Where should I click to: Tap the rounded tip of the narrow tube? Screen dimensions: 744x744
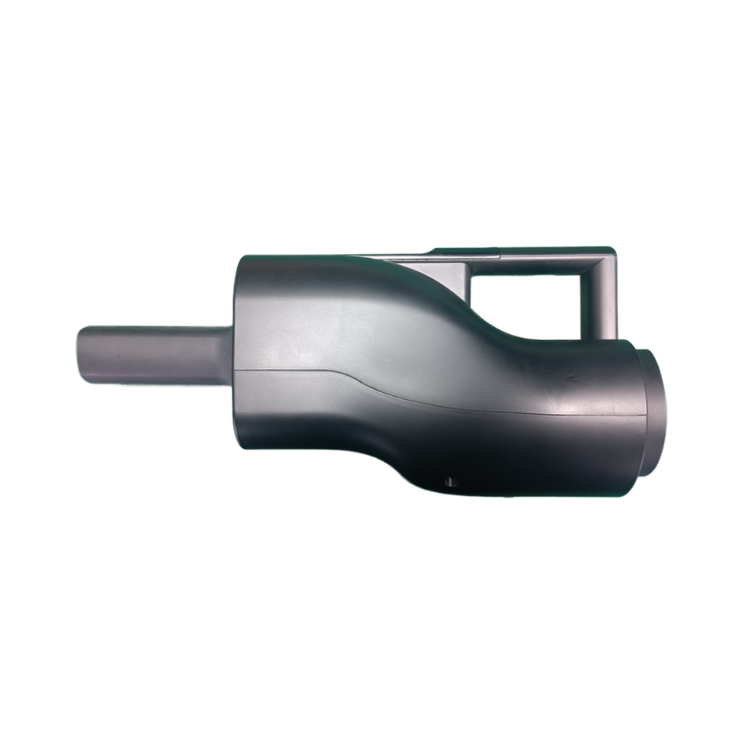coord(81,356)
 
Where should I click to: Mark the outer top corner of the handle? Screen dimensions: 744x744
coord(613,250)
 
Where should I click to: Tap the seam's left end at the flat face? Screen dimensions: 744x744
coord(235,370)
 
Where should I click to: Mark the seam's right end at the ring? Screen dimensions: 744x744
coord(645,415)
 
